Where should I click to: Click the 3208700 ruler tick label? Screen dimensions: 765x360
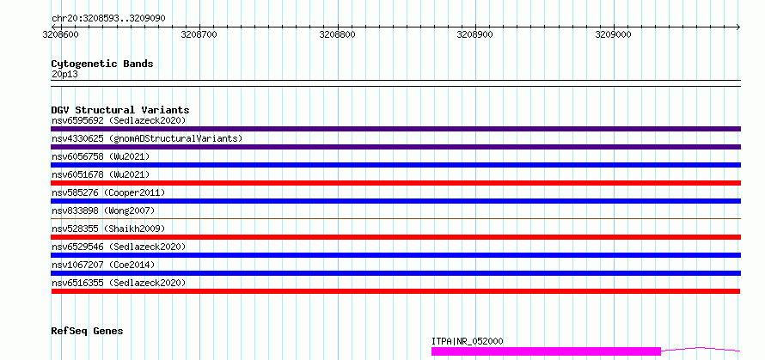pos(199,34)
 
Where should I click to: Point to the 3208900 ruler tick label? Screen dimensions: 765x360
pos(474,34)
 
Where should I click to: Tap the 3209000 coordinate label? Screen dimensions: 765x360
pos(613,34)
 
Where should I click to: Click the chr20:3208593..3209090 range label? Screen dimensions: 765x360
pos(108,19)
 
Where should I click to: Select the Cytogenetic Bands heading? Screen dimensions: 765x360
pos(102,64)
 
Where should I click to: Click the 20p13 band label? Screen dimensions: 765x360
pos(64,75)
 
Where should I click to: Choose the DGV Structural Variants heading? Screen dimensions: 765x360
pos(120,110)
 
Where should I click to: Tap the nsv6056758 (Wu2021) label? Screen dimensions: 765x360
pos(101,156)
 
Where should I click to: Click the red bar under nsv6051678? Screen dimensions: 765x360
pos(395,183)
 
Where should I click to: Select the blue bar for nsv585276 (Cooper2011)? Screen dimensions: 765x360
pos(395,201)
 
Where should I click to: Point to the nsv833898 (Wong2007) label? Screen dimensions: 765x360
pos(103,211)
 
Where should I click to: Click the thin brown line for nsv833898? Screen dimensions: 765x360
pos(395,218)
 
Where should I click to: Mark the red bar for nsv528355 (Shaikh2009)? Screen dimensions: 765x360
pos(395,237)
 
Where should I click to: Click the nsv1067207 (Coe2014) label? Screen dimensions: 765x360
pos(103,265)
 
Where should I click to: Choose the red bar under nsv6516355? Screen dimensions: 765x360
pos(395,291)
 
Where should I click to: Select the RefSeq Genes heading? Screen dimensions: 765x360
pos(88,332)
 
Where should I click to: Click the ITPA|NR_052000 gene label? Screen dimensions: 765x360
pos(468,341)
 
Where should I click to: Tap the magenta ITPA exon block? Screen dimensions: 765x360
pos(546,351)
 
